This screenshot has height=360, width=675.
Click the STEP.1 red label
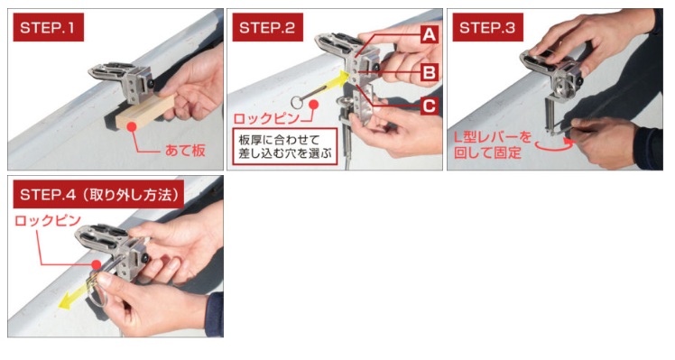click(48, 27)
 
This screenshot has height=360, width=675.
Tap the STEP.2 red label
click(267, 27)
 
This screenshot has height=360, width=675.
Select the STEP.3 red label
click(487, 27)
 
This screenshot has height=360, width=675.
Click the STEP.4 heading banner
click(98, 194)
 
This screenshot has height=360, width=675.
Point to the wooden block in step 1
click(144, 112)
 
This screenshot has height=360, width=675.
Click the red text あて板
click(185, 151)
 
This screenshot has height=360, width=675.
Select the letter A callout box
click(430, 34)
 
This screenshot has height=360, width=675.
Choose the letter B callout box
click(430, 72)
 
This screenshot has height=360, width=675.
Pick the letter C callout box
click(430, 106)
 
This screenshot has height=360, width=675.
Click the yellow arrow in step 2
click(328, 85)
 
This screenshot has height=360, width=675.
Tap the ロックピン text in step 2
click(266, 118)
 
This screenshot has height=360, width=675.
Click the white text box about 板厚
click(284, 146)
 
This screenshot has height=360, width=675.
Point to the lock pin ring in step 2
click(298, 103)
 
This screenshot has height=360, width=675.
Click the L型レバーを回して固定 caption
click(493, 145)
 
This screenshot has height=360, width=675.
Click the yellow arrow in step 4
click(79, 294)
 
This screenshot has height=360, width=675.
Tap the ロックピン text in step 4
click(48, 220)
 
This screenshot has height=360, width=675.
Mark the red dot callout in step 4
click(96, 264)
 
